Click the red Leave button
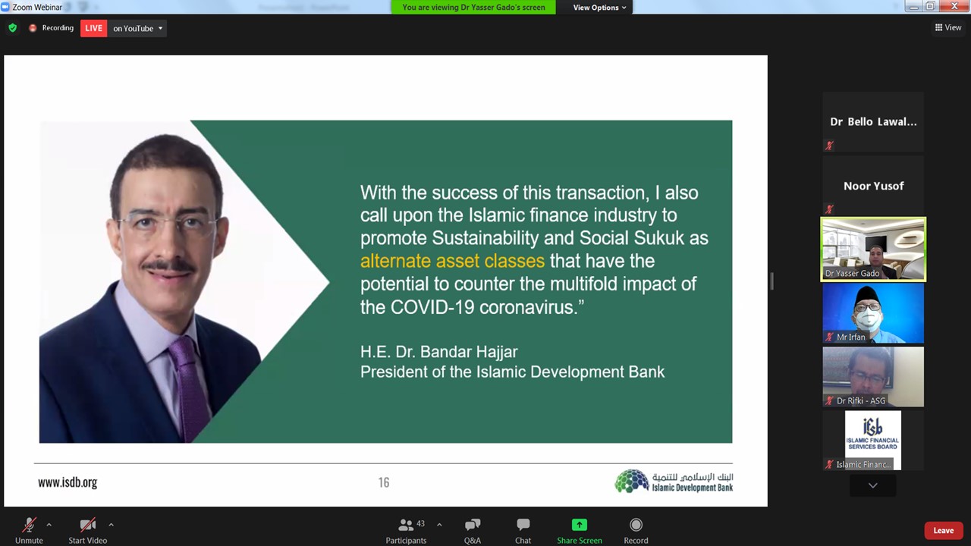point(943,530)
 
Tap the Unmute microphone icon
point(29,525)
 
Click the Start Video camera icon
point(87,525)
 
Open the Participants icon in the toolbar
point(406,525)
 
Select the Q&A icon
point(473,525)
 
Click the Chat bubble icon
point(523,525)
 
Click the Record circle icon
point(636,525)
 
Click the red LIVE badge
point(93,28)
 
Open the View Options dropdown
point(599,8)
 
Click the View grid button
point(948,27)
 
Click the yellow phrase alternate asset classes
point(452,261)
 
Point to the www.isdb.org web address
point(68,482)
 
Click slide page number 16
point(384,482)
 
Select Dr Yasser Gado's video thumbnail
point(873,249)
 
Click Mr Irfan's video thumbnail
point(873,313)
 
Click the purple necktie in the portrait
point(187,386)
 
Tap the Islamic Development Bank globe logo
point(632,481)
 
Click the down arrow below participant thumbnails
point(873,485)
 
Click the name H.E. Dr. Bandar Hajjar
point(438,351)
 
